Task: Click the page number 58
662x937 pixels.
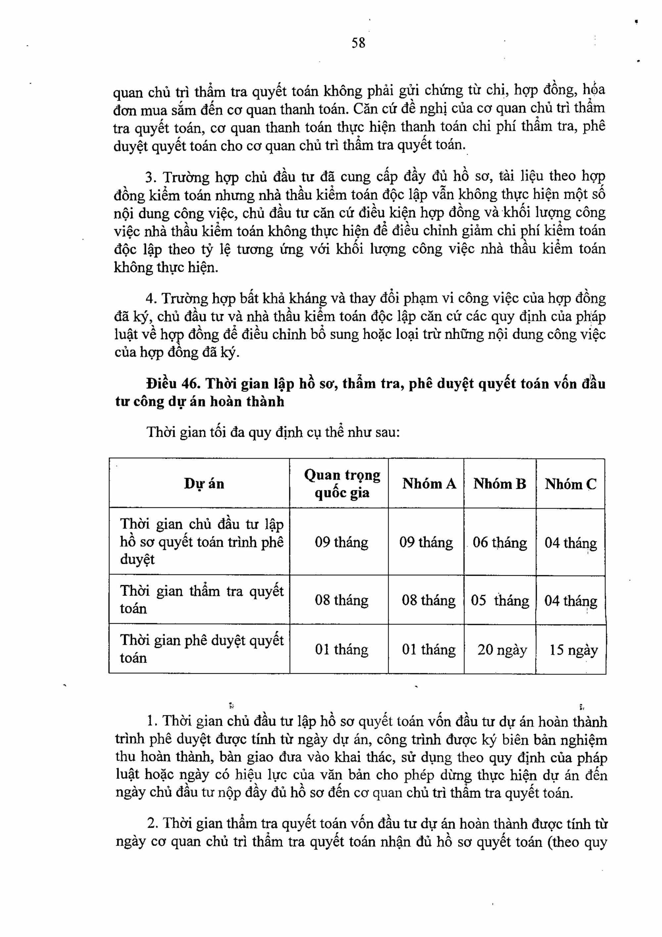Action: tap(358, 43)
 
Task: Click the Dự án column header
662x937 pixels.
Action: tap(204, 484)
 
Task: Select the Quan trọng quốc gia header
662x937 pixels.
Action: tap(342, 484)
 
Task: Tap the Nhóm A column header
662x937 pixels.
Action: tap(429, 484)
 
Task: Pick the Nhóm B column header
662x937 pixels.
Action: tap(500, 484)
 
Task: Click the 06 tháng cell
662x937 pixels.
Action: tap(500, 542)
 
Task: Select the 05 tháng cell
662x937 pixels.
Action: tap(500, 600)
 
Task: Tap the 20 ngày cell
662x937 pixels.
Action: tap(502, 650)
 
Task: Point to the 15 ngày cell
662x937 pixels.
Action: tap(573, 650)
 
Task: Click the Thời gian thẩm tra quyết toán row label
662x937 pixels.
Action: tap(202, 600)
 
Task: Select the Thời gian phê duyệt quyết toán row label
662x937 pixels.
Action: tap(202, 649)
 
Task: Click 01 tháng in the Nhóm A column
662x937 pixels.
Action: tap(429, 649)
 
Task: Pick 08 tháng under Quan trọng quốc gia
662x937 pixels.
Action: tap(341, 600)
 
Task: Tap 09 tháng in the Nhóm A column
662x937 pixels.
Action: tap(426, 542)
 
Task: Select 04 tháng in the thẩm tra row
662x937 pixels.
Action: tap(570, 601)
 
